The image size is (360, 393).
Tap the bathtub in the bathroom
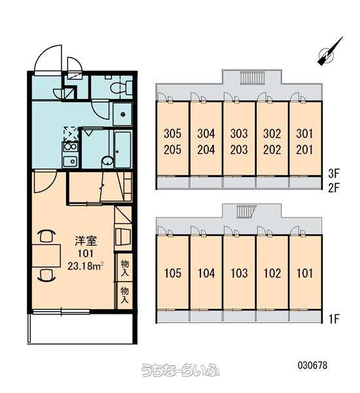[x=123, y=149]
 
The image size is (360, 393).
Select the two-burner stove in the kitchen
[x=70, y=146]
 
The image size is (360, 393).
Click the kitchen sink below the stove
[x=70, y=161]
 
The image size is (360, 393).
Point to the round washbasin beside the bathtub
[x=108, y=161]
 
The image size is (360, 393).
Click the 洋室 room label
[x=86, y=241]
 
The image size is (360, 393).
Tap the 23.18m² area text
[x=86, y=266]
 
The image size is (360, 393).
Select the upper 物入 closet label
[x=125, y=268]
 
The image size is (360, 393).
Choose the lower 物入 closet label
[x=125, y=295]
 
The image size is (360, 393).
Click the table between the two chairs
[x=46, y=255]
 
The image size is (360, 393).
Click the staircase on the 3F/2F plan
[x=252, y=77]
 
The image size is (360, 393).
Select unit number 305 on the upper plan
[x=173, y=134]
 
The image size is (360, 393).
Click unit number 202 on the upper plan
[x=272, y=150]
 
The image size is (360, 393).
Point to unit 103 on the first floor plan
[x=239, y=273]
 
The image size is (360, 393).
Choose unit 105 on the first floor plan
[x=173, y=273]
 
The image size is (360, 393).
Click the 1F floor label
[x=334, y=319]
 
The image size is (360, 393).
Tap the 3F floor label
[x=334, y=174]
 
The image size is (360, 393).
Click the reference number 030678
[x=312, y=365]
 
